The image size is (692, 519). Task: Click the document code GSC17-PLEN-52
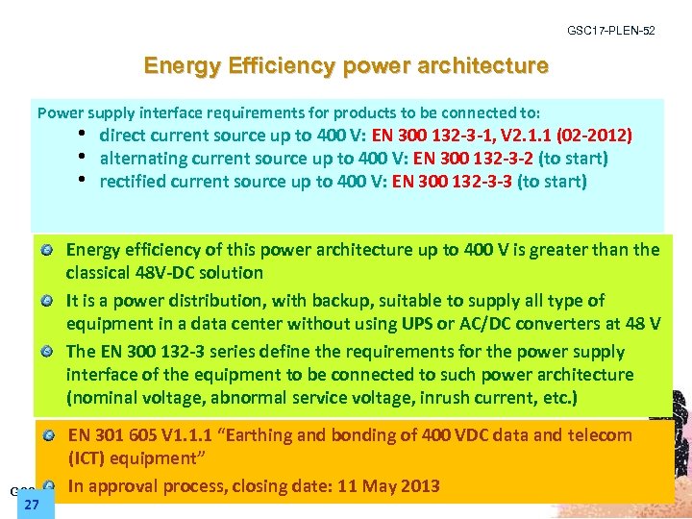pos(611,31)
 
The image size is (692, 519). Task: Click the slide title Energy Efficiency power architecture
pos(346,66)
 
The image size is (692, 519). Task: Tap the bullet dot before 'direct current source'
pos(84,135)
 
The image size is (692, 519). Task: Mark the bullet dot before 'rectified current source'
pos(84,181)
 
